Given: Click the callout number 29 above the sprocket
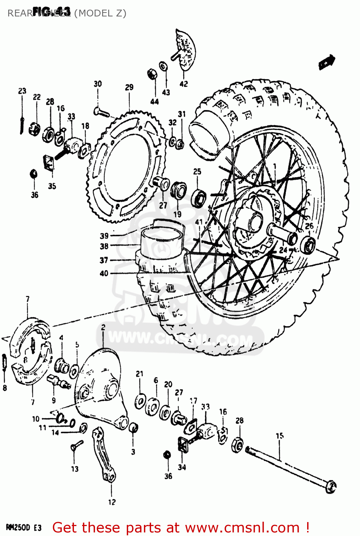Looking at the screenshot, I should [129, 87].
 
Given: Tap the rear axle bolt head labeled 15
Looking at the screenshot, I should [331, 487].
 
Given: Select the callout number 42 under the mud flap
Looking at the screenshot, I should [184, 84].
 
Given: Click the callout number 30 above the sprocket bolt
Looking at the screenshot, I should [97, 84].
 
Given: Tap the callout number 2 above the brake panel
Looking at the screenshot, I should [103, 327].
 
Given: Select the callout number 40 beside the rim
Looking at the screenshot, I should [104, 273].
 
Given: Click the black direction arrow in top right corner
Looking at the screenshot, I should [327, 62].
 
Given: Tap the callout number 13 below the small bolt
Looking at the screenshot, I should [75, 469].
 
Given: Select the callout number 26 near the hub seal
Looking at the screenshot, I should [309, 226].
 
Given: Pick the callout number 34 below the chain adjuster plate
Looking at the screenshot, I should [182, 467].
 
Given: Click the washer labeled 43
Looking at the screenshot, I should [164, 66].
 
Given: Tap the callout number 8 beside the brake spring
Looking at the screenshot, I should [5, 388].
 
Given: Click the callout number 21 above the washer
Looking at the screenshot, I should [139, 374].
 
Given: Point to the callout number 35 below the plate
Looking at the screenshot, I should [52, 186].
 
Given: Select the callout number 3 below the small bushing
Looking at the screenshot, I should [133, 452].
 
